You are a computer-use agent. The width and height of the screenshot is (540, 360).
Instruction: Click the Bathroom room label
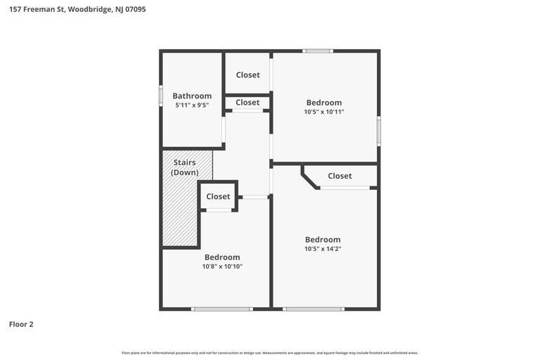tap(192, 96)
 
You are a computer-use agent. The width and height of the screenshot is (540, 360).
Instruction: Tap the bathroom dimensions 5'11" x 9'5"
tap(192, 105)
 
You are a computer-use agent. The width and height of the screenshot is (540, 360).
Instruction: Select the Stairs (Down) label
tap(185, 167)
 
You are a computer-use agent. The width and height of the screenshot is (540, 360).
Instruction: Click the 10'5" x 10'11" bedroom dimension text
tap(324, 112)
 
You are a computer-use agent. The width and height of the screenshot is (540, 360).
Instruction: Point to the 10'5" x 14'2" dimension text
tap(323, 249)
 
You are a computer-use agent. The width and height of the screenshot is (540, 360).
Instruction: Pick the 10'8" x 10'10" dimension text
tap(222, 266)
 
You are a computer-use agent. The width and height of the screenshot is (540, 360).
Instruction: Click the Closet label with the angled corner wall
tap(340, 176)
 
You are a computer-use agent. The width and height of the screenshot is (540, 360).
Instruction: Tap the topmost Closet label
tap(247, 75)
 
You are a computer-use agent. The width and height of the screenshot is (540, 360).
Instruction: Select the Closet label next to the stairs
tap(218, 196)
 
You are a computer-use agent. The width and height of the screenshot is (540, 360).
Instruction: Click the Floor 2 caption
tap(21, 324)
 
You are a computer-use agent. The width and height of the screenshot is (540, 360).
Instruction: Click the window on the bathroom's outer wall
tap(161, 95)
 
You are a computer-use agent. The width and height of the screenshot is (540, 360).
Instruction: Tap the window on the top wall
tap(318, 51)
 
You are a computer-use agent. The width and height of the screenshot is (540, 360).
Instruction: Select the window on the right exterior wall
tap(378, 131)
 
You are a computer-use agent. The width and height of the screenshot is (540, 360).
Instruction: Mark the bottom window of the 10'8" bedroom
tap(221, 309)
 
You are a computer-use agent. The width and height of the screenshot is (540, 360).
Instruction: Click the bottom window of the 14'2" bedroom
tap(314, 309)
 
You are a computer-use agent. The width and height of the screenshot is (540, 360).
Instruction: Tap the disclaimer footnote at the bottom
tap(270, 353)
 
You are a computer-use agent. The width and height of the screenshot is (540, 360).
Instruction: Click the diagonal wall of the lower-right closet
tap(310, 177)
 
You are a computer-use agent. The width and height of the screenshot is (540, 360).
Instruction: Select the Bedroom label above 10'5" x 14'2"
tap(323, 239)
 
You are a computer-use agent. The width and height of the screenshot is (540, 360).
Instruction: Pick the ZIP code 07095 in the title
tap(135, 9)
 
